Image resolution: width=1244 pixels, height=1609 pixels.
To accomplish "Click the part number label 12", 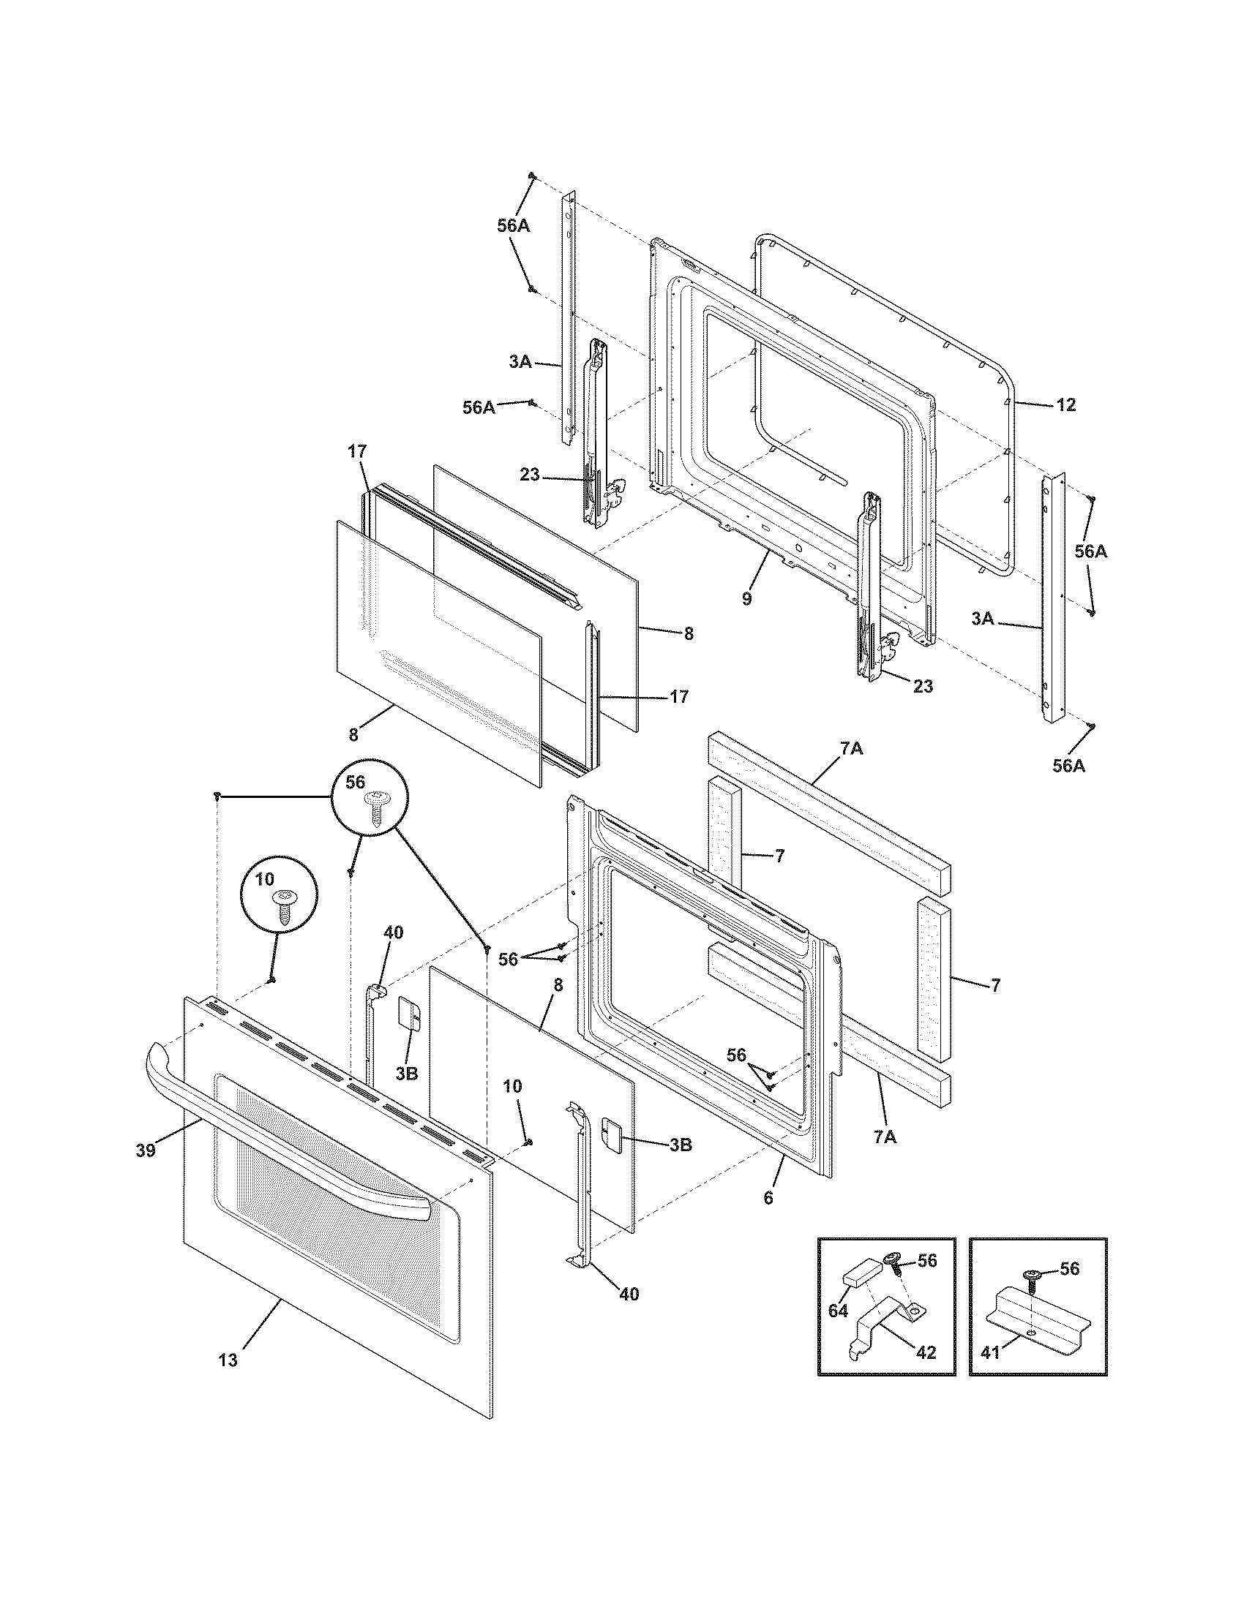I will pos(1065,404).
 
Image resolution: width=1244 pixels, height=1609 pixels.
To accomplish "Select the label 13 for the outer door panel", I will pos(228,1360).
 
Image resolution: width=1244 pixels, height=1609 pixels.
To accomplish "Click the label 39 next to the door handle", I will pos(146,1150).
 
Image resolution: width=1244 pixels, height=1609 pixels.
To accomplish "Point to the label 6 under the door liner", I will pos(768,1199).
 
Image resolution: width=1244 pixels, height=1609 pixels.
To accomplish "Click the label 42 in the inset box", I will pos(926,1352).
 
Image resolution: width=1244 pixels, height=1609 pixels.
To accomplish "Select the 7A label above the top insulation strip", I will pos(850,748).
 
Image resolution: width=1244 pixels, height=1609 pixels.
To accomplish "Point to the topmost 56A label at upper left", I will pos(513,226).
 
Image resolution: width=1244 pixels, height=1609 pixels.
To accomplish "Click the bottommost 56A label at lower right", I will pos(1068,766).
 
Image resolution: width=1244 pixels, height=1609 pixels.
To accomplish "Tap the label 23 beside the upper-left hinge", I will pos(530,475).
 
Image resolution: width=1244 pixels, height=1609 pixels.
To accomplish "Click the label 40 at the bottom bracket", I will pos(628,1294).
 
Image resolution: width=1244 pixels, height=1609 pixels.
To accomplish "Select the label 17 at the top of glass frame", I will pos(356,451).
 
